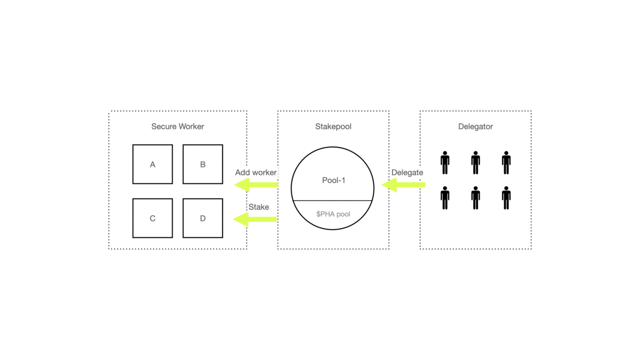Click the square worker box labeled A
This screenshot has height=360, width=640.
[153, 164]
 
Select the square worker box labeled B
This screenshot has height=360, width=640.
[203, 164]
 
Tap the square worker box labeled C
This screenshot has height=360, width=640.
[153, 218]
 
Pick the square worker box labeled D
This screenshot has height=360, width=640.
[203, 218]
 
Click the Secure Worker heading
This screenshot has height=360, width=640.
[178, 126]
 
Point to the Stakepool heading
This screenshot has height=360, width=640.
[333, 126]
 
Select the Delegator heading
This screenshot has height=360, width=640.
[475, 126]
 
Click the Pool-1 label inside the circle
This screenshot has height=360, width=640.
[333, 180]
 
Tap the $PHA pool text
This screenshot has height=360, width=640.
[333, 214]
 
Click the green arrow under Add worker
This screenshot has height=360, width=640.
[257, 185]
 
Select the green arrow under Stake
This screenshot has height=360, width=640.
[255, 219]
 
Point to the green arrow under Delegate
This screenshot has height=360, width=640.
[404, 185]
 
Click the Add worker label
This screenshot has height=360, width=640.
[256, 173]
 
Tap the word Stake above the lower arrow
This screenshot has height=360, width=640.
[259, 207]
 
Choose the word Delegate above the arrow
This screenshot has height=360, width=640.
[407, 173]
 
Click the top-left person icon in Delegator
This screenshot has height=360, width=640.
[445, 163]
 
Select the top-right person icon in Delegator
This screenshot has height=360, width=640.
[506, 163]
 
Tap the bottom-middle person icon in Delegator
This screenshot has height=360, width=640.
[475, 198]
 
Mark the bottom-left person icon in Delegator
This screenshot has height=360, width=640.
[445, 198]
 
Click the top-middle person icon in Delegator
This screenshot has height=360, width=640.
[475, 163]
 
